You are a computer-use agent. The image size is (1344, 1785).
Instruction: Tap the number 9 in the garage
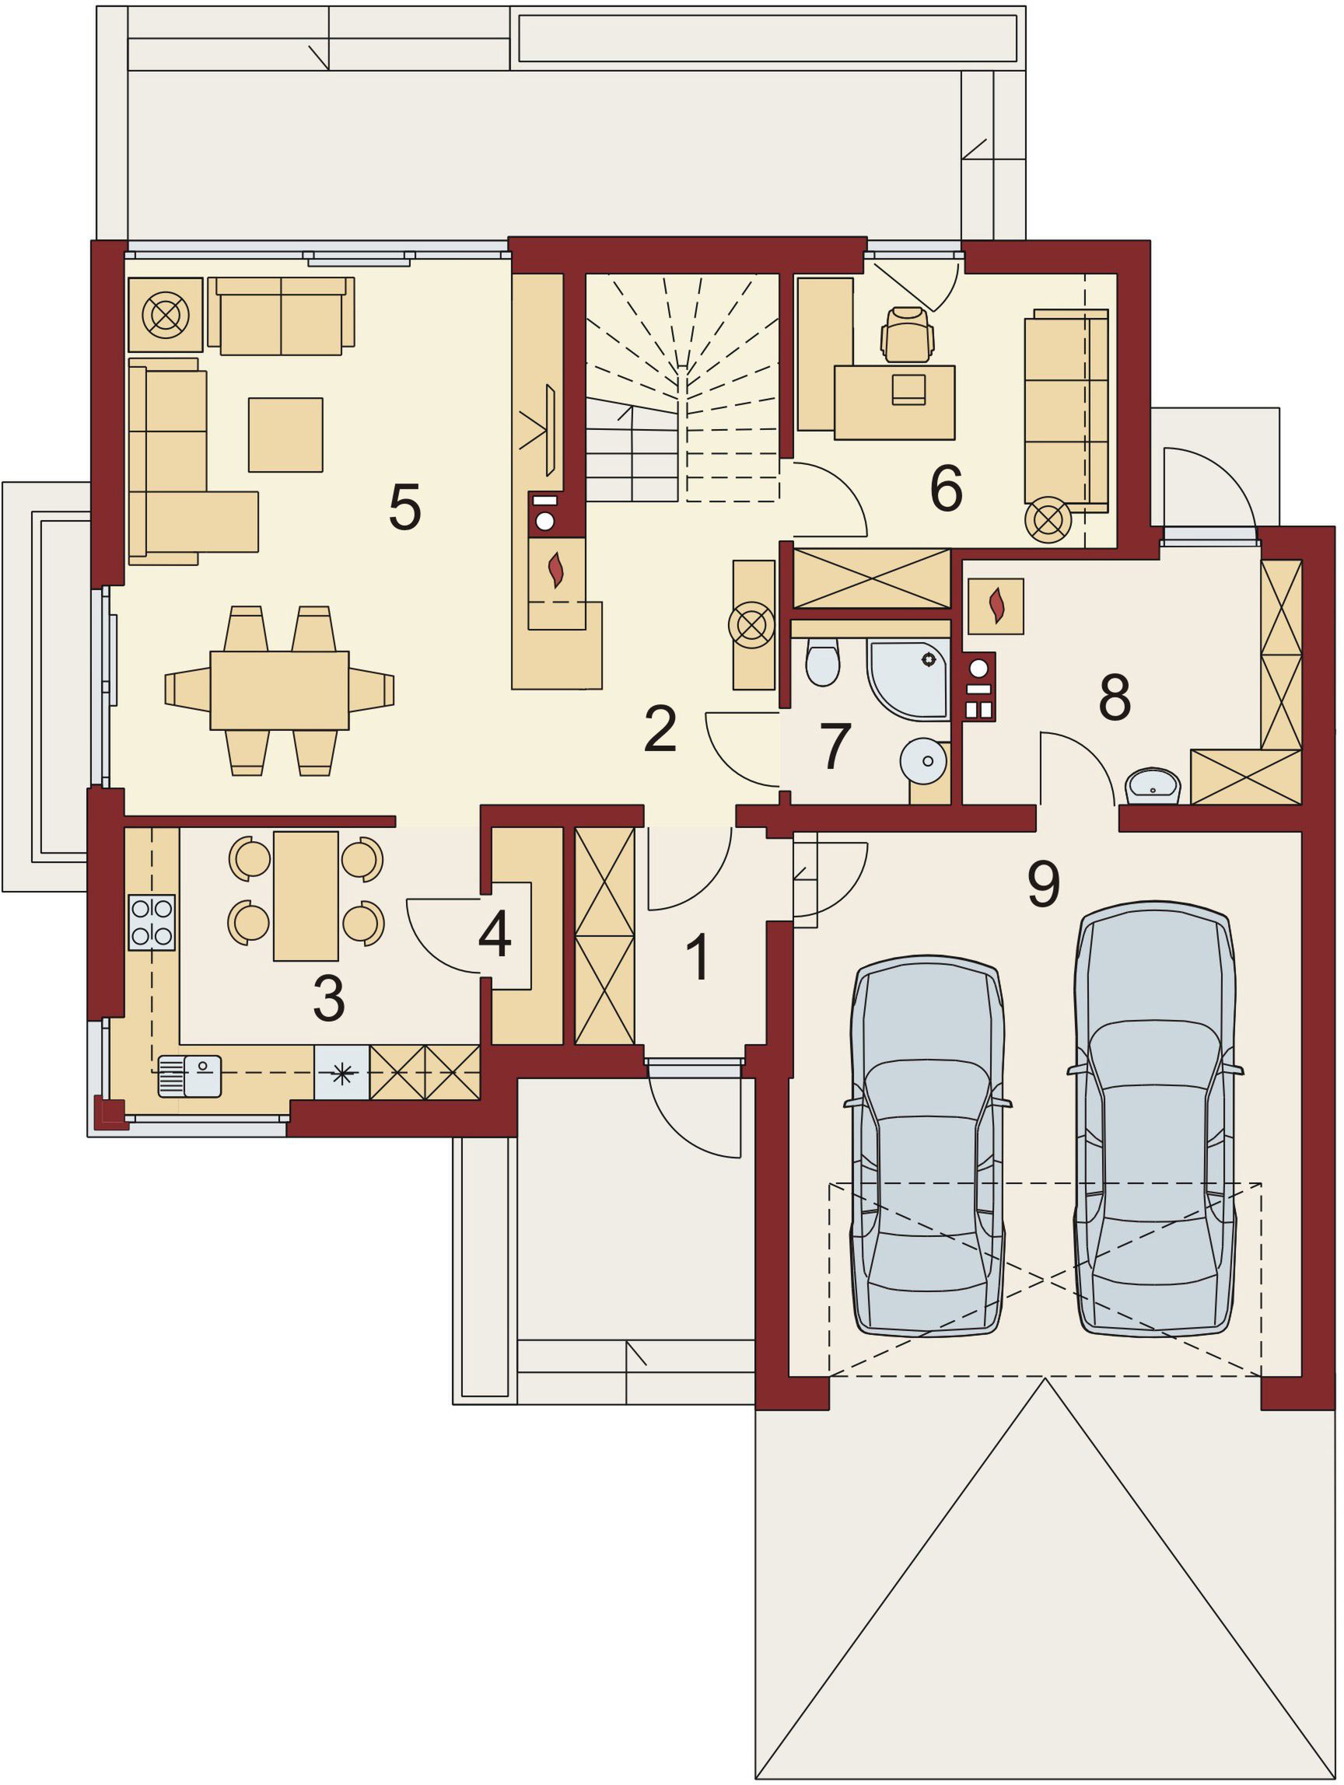point(1043,884)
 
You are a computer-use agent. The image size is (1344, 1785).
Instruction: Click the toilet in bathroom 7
point(823,661)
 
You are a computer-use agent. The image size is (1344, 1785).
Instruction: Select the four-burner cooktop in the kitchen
point(152,921)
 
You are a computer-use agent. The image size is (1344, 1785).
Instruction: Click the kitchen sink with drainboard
point(189,1077)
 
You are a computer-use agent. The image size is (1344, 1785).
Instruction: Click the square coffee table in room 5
point(285,434)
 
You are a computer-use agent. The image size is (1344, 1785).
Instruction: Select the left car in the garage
point(929,1146)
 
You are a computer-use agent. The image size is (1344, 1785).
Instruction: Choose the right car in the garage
point(1155,1118)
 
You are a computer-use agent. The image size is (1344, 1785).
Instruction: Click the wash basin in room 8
point(1153,787)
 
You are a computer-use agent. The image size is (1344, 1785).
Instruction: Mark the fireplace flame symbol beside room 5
point(555,570)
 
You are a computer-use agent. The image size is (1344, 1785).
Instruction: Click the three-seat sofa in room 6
point(1066,409)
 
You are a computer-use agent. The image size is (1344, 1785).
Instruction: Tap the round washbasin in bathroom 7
point(923,761)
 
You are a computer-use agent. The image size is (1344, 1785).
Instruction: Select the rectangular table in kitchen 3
point(306,896)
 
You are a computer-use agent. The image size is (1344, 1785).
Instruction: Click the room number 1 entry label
point(698,957)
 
